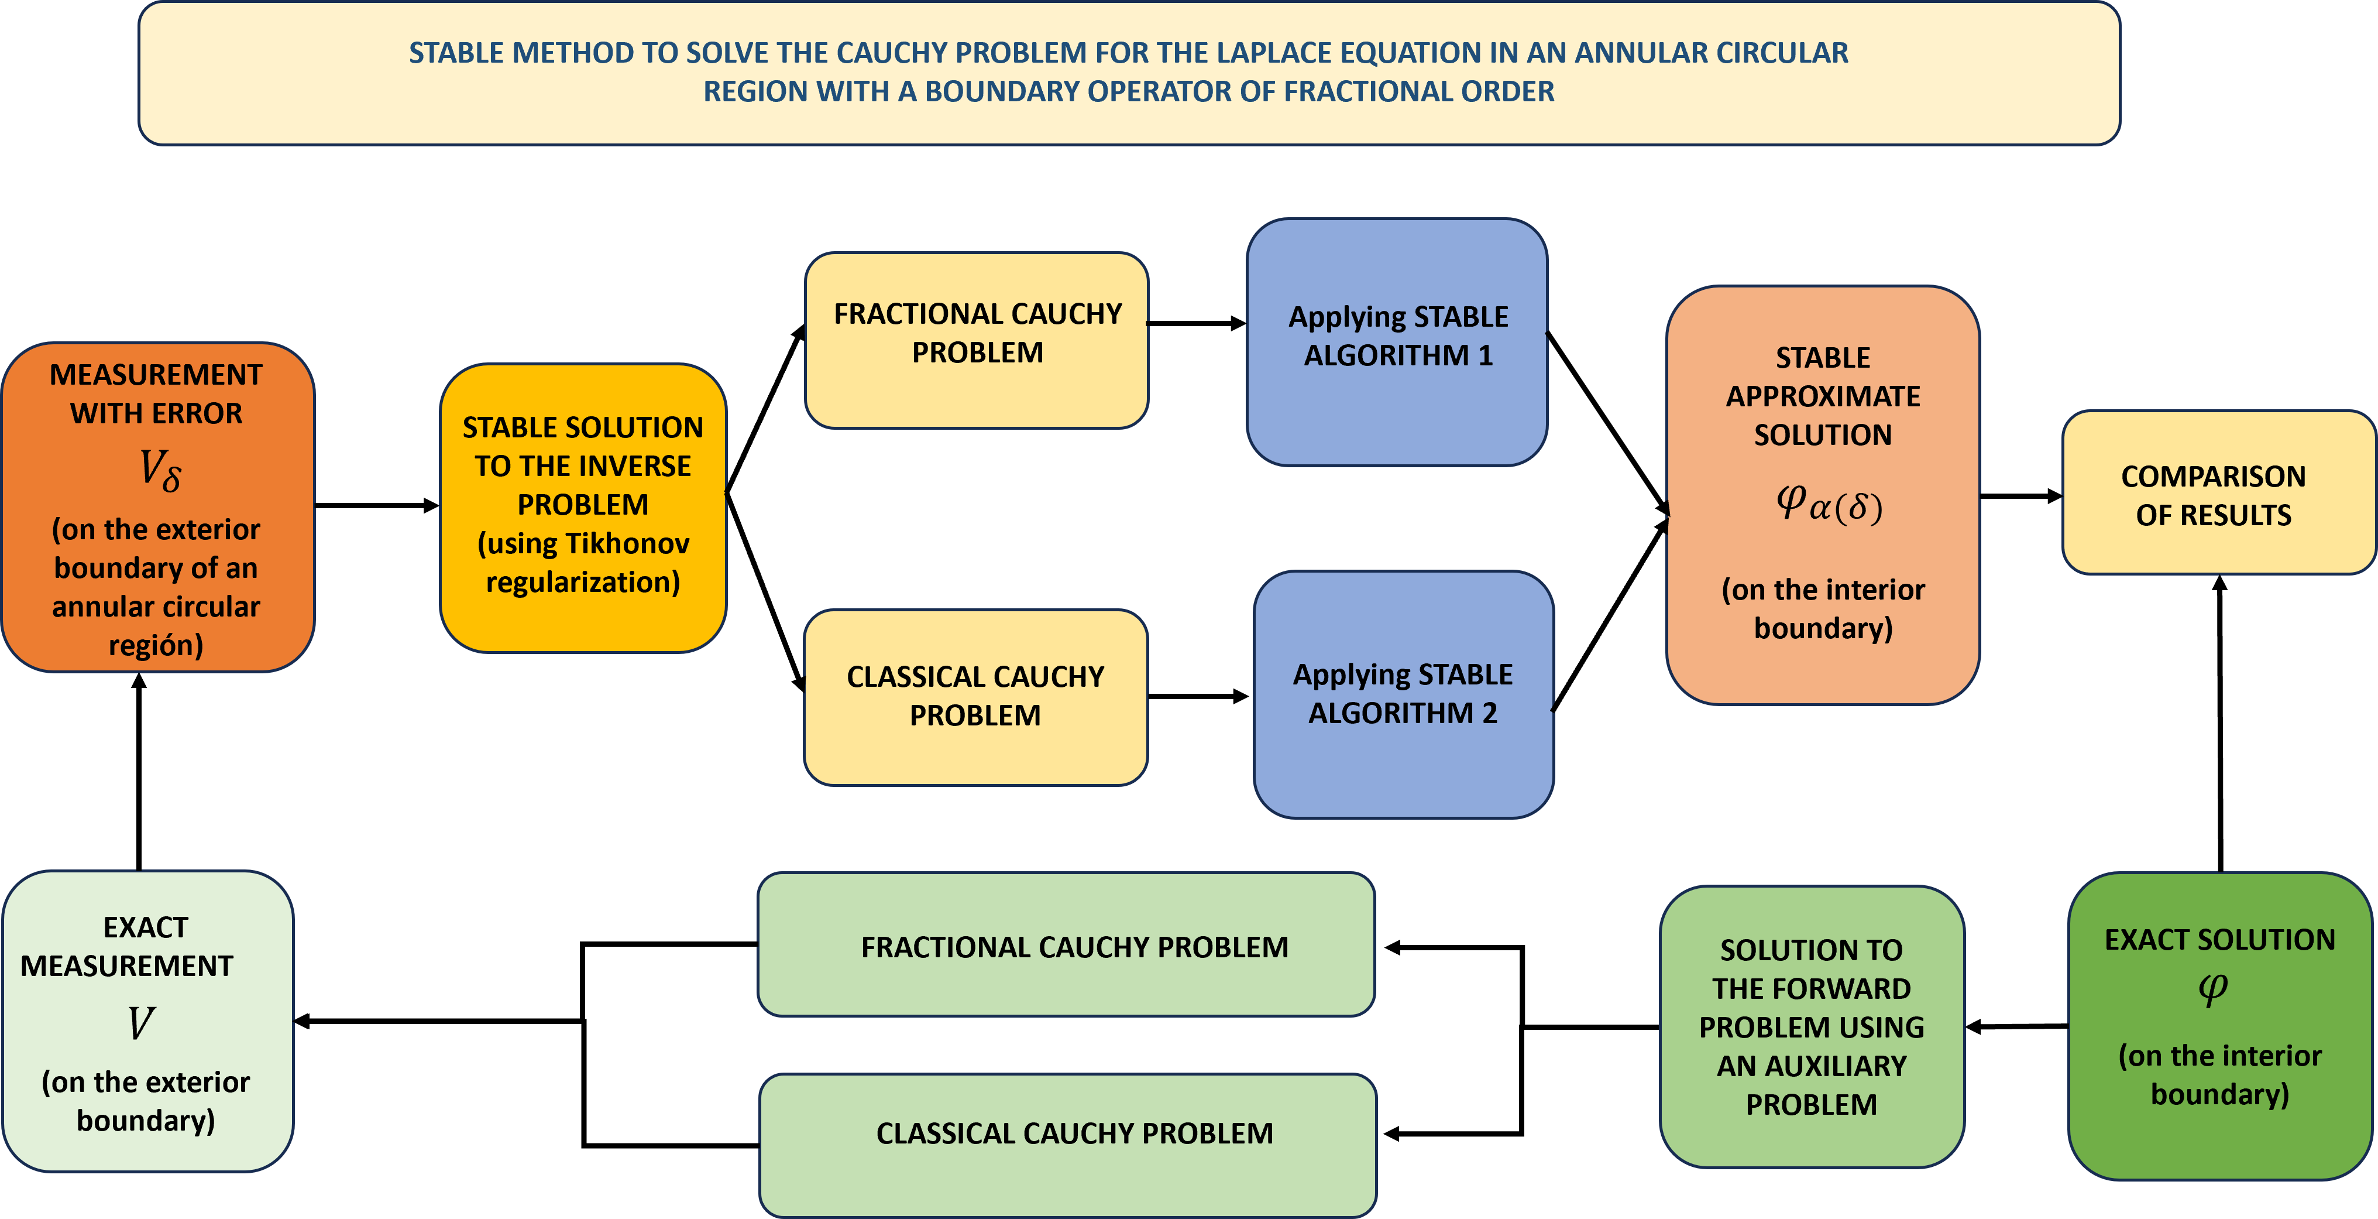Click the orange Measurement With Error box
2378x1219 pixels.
pyautogui.click(x=157, y=508)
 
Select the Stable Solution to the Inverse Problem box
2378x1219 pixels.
pyautogui.click(x=582, y=508)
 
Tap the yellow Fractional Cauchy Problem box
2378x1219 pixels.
pyautogui.click(x=977, y=340)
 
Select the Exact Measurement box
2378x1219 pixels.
pyautogui.click(x=147, y=1021)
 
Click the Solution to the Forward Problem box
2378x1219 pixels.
pyautogui.click(x=1811, y=1027)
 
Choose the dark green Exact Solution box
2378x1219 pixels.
pyautogui.click(x=2219, y=1025)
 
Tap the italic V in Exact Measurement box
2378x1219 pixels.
pyautogui.click(x=141, y=1023)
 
